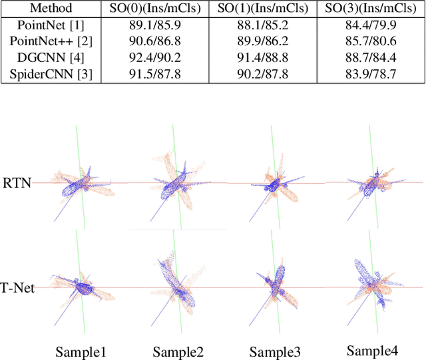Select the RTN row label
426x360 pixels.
[17, 181]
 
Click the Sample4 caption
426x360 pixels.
[373, 351]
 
